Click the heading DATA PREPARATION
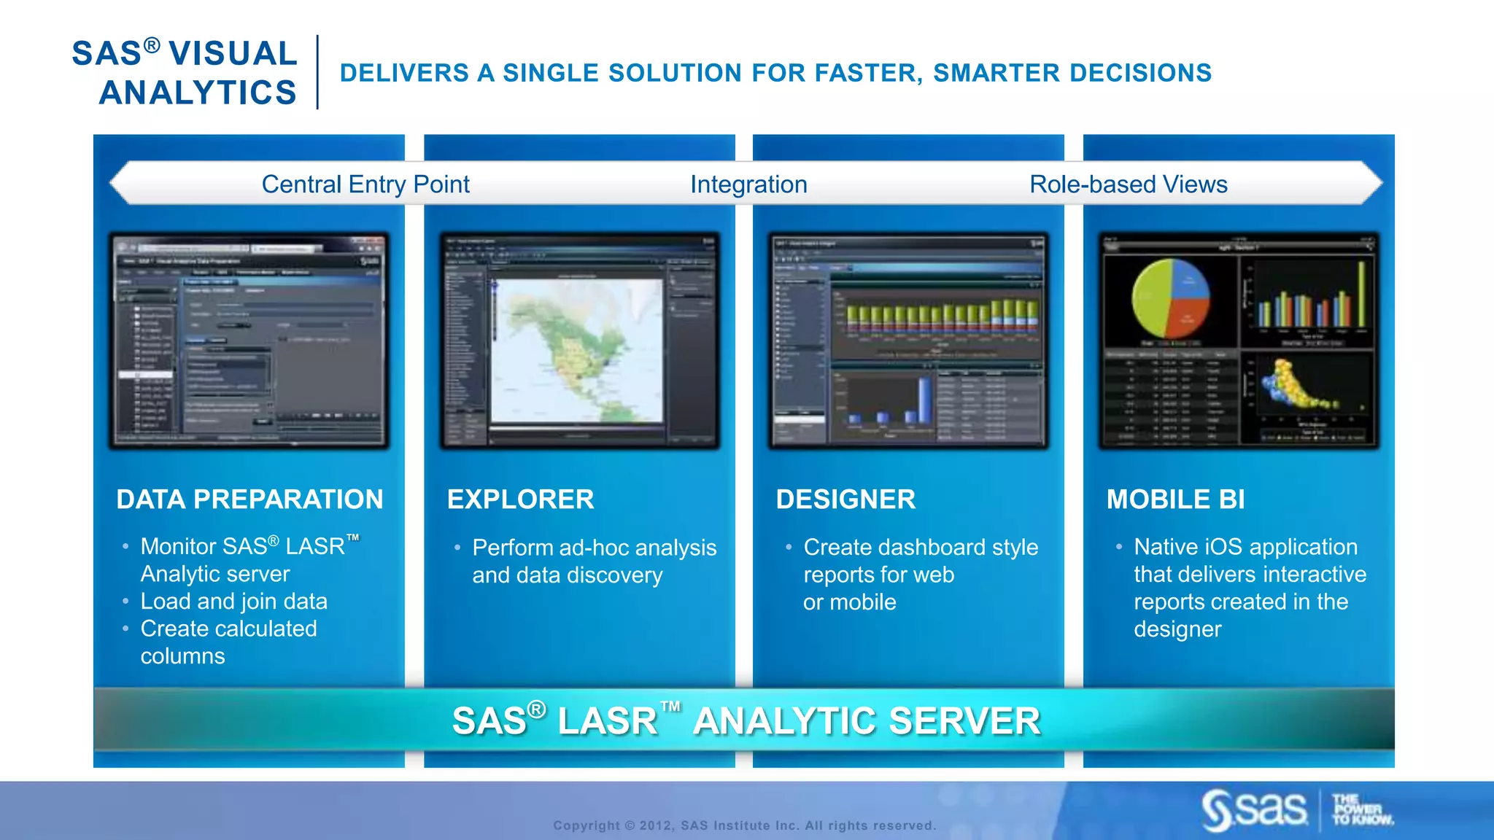coord(249,499)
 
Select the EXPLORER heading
coord(520,499)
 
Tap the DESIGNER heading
coord(845,499)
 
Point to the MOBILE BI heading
coord(1175,499)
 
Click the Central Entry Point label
coord(365,184)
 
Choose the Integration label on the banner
coord(748,184)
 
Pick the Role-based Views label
coord(1128,184)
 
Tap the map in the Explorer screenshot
coord(576,350)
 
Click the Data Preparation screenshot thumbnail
coord(249,341)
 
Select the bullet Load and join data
coord(233,602)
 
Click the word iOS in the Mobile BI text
coord(1230,547)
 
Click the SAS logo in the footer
coord(1255,809)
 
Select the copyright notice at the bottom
coord(744,825)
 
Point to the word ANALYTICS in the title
coord(198,93)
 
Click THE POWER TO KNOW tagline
coord(1361,809)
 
